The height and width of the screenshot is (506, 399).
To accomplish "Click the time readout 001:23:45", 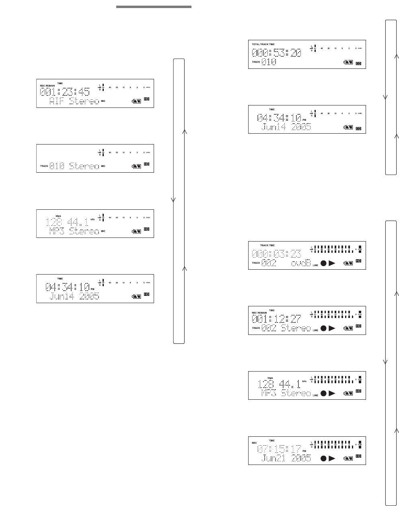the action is click(x=65, y=91).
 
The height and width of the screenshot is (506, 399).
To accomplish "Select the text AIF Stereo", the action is click(x=74, y=101).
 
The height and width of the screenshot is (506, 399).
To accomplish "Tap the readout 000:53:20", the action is click(x=276, y=53).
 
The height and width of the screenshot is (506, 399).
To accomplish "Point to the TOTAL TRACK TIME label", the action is click(x=264, y=44).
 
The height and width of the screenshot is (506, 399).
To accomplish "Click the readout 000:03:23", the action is click(x=276, y=254).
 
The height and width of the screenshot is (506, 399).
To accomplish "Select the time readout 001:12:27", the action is click(x=276, y=319).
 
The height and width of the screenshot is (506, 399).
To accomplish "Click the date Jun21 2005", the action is click(x=286, y=458).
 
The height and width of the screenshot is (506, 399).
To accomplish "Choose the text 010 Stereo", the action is click(x=74, y=166).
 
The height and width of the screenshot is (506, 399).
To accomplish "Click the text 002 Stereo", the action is click(x=286, y=329).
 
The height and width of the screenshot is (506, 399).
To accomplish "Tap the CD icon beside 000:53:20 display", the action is click(x=358, y=63).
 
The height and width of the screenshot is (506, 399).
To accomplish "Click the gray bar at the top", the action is click(x=154, y=7).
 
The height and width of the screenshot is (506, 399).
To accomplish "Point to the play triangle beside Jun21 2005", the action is click(x=332, y=458).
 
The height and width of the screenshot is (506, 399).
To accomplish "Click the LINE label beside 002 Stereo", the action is click(x=315, y=330).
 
